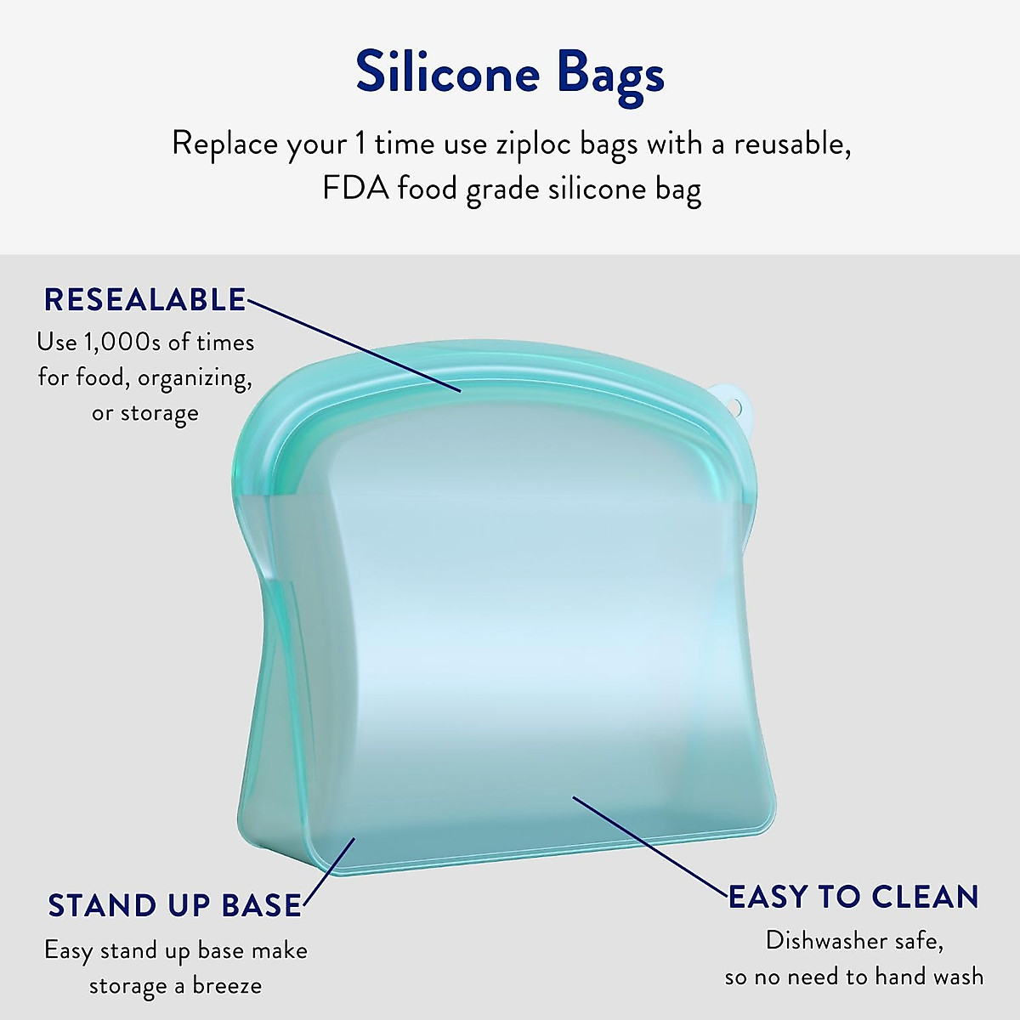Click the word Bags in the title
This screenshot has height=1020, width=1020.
coord(610,75)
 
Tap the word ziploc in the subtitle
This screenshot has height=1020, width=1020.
coord(532,144)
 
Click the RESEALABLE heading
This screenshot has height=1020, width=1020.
coord(144,300)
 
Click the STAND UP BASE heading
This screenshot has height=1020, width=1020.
coord(174,906)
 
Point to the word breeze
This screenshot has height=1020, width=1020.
coord(227,986)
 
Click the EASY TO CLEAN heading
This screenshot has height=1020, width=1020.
coord(853,897)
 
